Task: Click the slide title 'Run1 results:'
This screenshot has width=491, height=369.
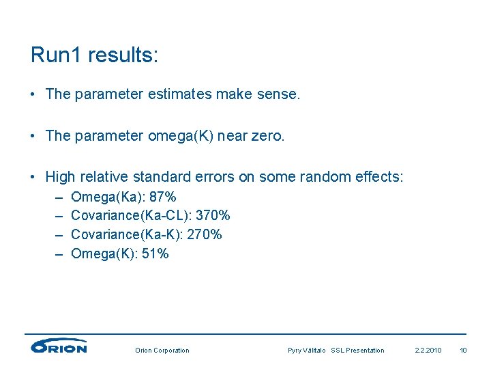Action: (x=94, y=55)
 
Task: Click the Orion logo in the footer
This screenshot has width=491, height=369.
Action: (x=59, y=346)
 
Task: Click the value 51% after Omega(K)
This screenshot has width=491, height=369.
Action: (x=155, y=254)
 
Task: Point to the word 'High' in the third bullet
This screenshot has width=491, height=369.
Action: (x=59, y=178)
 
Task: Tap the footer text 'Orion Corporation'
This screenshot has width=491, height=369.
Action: (x=162, y=351)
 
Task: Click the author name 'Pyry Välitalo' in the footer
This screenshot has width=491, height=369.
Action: (x=307, y=351)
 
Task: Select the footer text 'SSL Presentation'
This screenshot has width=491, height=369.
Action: (x=357, y=351)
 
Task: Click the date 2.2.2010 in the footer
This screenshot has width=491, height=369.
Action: (x=428, y=351)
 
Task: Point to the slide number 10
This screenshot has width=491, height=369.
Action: (x=463, y=351)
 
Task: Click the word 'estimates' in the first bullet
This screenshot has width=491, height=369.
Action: (x=179, y=94)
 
